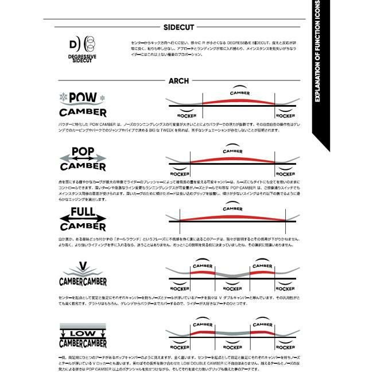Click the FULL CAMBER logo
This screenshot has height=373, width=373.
[x=83, y=219]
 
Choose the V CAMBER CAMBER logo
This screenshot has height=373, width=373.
[x=83, y=275]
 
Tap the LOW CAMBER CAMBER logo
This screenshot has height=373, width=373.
[x=83, y=337]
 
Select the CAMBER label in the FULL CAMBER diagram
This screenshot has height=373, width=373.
[x=232, y=209]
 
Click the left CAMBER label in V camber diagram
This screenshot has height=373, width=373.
[x=204, y=266]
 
